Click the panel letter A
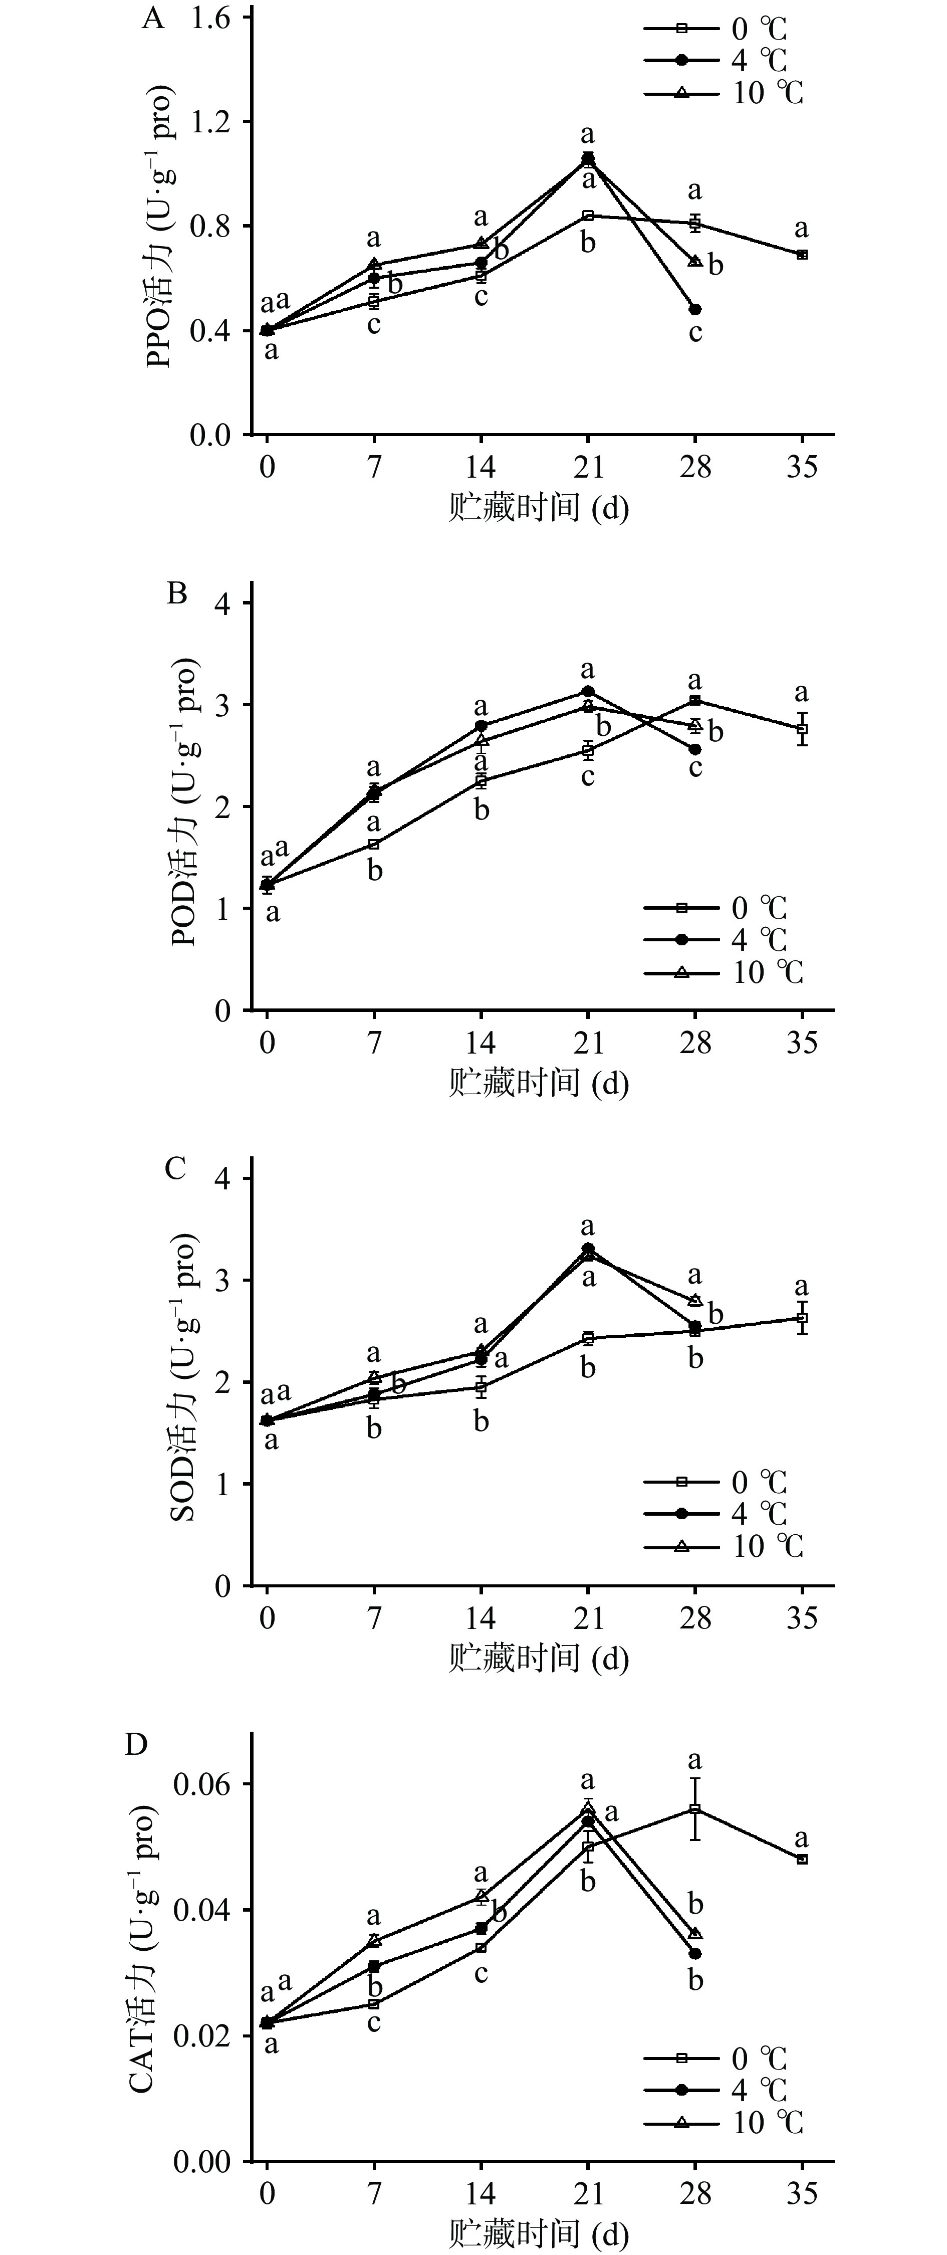click(x=153, y=19)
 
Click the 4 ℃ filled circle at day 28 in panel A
click(x=695, y=309)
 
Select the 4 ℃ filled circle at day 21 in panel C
click(x=588, y=1249)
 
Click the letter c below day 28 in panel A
click(x=695, y=333)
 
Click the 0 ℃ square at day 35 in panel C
click(x=802, y=1317)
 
